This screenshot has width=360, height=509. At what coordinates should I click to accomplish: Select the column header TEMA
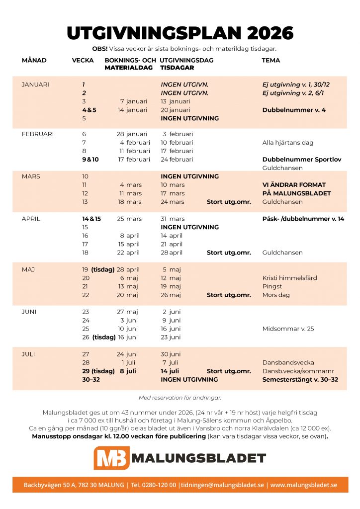click(271, 60)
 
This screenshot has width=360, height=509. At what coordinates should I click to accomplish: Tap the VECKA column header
click(82, 60)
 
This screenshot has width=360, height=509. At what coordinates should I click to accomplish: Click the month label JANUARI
click(35, 85)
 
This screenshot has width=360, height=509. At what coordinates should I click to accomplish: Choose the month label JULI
click(29, 354)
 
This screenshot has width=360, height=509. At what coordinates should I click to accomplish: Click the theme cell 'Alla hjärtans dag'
click(288, 143)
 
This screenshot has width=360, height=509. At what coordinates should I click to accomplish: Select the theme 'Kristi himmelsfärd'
click(289, 278)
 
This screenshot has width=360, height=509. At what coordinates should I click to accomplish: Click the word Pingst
click(272, 286)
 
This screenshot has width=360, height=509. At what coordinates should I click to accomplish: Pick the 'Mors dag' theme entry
click(276, 295)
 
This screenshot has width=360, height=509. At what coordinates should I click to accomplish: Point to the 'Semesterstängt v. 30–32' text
click(300, 380)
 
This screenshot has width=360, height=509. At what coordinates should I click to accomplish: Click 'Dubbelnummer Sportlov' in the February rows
click(302, 160)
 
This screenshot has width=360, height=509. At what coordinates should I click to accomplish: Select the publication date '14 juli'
click(170, 371)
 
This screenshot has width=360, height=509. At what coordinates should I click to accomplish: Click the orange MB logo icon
click(111, 458)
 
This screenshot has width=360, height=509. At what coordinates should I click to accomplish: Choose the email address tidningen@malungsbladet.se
click(222, 485)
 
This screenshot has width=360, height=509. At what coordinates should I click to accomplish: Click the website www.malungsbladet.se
click(303, 485)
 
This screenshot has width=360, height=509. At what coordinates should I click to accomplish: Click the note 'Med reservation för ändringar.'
click(180, 398)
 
